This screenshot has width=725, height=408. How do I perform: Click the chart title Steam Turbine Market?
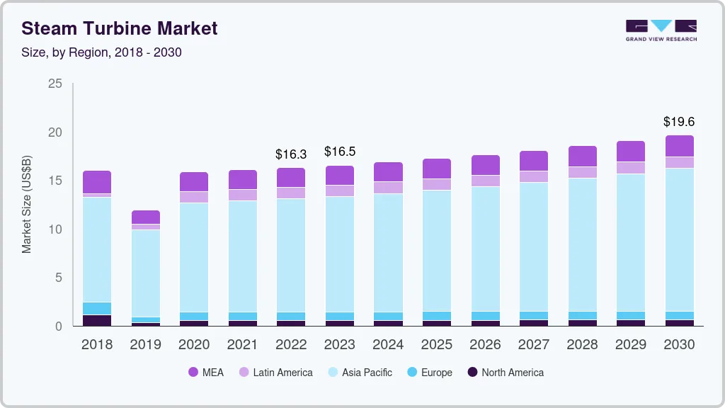[x=120, y=28]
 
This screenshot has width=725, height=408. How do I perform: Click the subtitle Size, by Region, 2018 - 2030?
[x=101, y=52]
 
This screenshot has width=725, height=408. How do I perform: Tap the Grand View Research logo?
[x=661, y=30]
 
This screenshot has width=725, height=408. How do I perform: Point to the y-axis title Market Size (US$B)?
[x=27, y=205]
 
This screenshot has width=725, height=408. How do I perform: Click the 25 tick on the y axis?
[x=55, y=84]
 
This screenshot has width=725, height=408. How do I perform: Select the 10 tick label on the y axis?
[x=55, y=229]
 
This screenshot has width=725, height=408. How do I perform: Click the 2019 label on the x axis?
[x=145, y=344]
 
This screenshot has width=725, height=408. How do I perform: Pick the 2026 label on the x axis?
[x=485, y=344]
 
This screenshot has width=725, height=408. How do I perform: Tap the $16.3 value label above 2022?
[x=290, y=154]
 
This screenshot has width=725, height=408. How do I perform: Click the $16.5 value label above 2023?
[x=339, y=152]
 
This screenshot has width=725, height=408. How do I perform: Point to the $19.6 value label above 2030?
[x=679, y=121]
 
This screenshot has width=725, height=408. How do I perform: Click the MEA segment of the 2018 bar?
[x=97, y=182]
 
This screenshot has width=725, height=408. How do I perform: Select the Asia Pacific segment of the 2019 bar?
[x=145, y=273]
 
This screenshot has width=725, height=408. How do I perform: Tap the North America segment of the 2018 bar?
[x=97, y=320]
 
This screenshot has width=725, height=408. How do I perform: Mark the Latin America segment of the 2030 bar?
[x=679, y=162]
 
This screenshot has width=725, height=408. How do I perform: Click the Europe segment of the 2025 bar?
[x=436, y=316]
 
